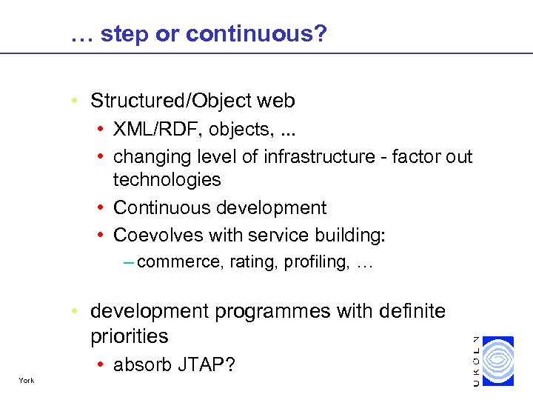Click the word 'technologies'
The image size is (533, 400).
pos(167,179)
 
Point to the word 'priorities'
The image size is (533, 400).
pos(129,336)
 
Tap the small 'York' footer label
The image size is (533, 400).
pos(27,381)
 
